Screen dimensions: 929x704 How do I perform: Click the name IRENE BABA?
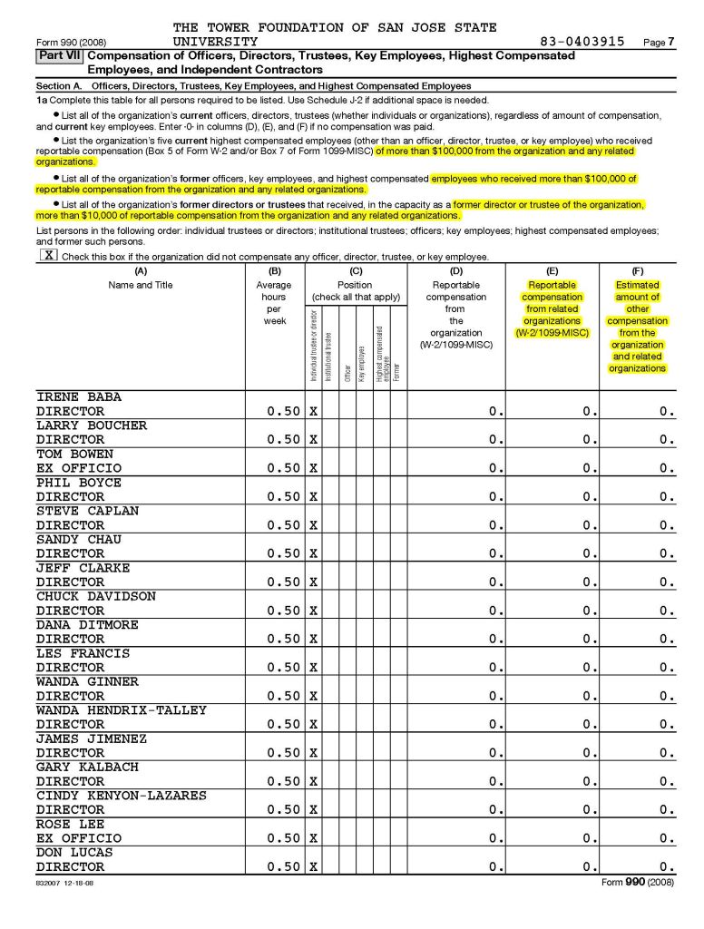(x=78, y=397)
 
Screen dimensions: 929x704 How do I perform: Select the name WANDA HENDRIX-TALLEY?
(x=121, y=710)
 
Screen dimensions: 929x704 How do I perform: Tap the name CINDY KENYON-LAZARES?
(x=121, y=796)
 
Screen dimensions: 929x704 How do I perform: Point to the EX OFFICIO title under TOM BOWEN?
(x=78, y=468)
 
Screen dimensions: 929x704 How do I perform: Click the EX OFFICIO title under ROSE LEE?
(x=78, y=838)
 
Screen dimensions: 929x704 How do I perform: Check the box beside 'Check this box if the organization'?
(x=47, y=257)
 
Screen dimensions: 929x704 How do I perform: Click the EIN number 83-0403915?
(x=582, y=42)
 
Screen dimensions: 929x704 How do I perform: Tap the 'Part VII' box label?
(x=59, y=56)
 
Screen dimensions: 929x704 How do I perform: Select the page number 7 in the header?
(x=671, y=43)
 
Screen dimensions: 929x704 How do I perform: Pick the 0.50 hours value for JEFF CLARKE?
(x=284, y=582)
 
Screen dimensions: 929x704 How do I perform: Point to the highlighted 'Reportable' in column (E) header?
(x=552, y=285)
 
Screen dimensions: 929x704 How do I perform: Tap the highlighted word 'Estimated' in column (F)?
(x=637, y=285)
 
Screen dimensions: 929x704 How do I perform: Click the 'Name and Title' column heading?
(x=140, y=285)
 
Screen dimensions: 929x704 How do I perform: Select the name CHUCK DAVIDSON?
(x=95, y=597)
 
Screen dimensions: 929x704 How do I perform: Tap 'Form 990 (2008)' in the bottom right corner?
(x=638, y=882)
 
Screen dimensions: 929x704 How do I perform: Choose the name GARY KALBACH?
(x=87, y=768)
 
